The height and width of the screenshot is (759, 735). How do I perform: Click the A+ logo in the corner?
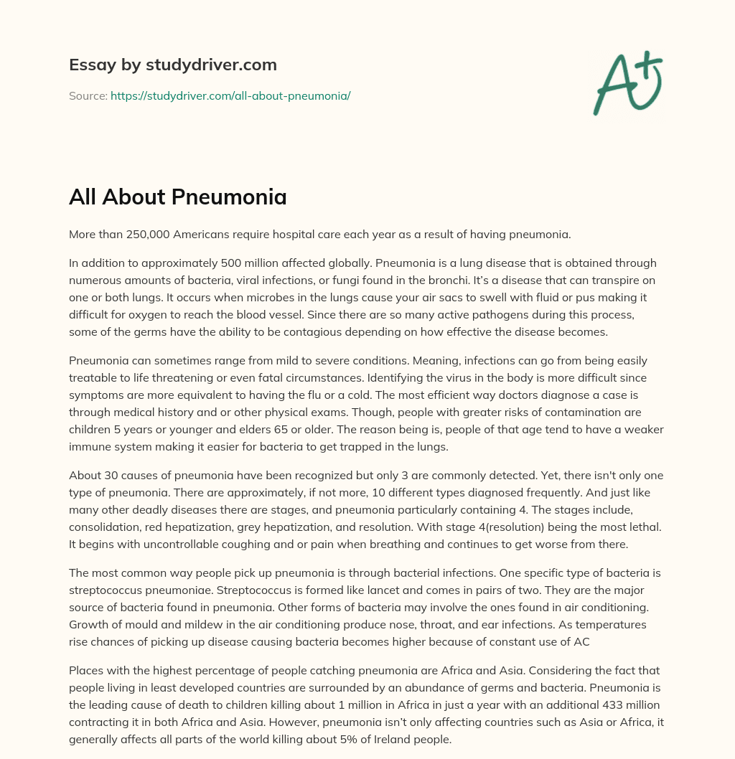coord(627,84)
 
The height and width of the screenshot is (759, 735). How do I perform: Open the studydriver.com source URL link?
coord(230,95)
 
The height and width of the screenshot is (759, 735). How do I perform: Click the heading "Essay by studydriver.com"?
coord(172,65)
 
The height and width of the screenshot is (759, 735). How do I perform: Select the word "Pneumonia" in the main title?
coord(238,197)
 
